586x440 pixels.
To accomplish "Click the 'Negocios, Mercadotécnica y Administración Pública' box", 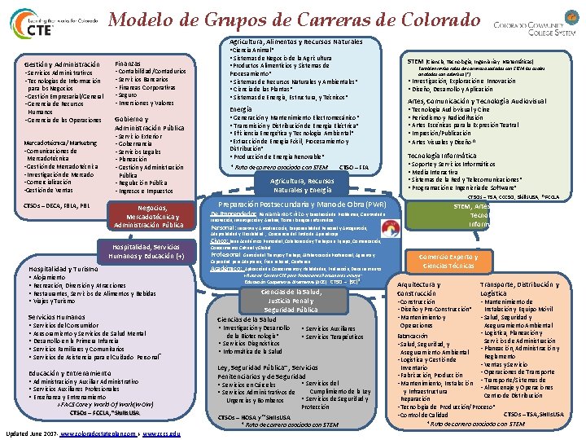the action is pos(149,216).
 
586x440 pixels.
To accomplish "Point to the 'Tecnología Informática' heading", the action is pos(442,155).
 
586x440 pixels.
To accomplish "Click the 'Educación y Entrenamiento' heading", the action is pos(72,372).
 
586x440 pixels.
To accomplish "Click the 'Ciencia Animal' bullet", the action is pos(252,50).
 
